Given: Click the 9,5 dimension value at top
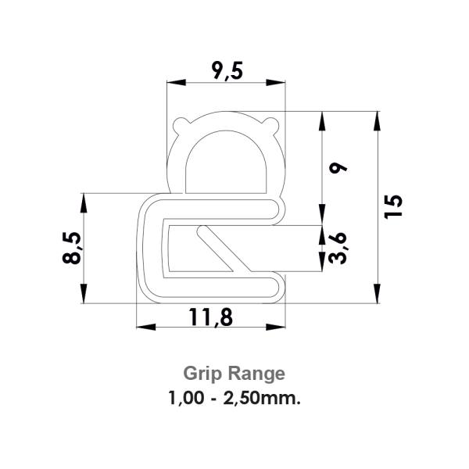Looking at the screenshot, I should tap(227, 71).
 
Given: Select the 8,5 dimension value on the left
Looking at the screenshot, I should tap(72, 248).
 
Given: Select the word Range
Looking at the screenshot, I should tap(252, 373).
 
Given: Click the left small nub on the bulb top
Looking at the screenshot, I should tap(181, 122).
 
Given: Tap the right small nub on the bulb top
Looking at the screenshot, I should tap(272, 122).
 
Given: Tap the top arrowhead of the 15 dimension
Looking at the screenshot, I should tap(377, 117).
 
